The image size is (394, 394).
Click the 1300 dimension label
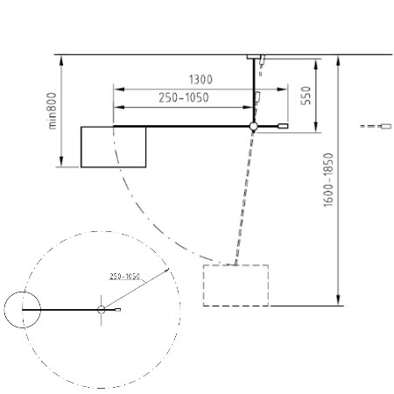[201, 80]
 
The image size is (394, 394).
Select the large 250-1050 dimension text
[184, 97]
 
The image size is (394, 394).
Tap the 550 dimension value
[306, 95]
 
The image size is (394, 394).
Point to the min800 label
[53, 111]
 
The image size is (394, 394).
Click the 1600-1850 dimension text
[328, 179]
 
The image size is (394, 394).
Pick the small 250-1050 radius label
[125, 276]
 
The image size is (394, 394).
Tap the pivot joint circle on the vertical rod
[253, 126]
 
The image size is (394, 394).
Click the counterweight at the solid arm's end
[283, 126]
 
